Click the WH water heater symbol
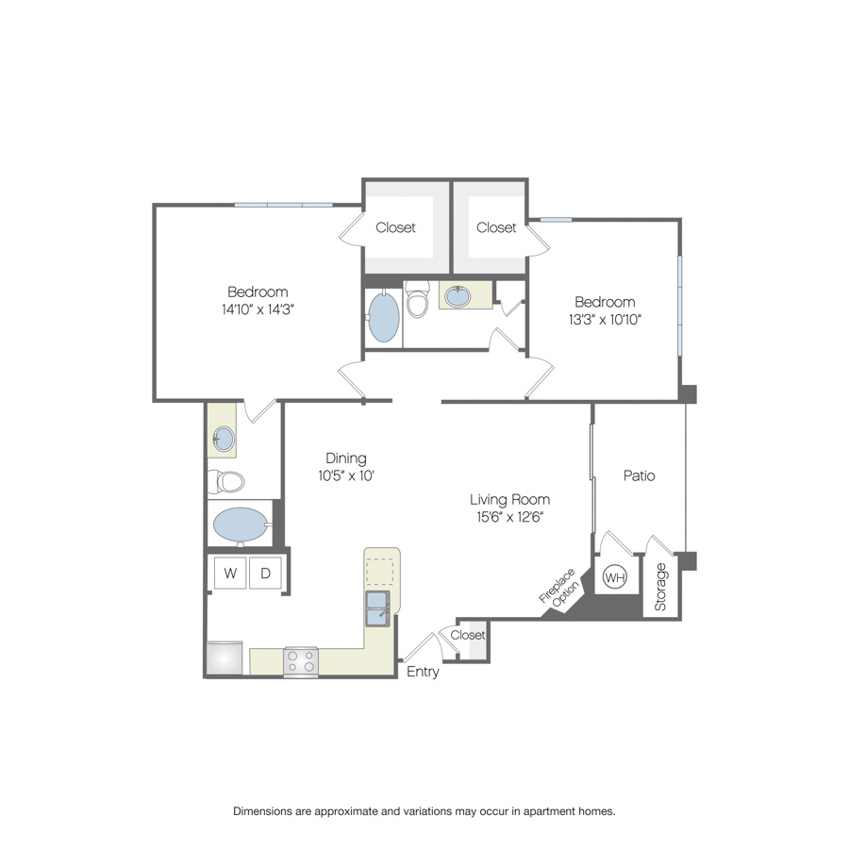pyautogui.click(x=614, y=577)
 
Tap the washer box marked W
pyautogui.click(x=230, y=573)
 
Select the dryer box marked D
pyautogui.click(x=265, y=573)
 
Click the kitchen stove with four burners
pyautogui.click(x=301, y=661)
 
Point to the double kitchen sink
pyautogui.click(x=377, y=608)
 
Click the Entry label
pyautogui.click(x=423, y=672)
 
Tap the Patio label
pyautogui.click(x=640, y=475)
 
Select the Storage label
pyautogui.click(x=660, y=587)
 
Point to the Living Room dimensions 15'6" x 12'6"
pyautogui.click(x=509, y=517)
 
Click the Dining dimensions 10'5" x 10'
pyautogui.click(x=346, y=476)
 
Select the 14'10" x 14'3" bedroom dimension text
pyautogui.click(x=258, y=309)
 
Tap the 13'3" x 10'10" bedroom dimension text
pyautogui.click(x=605, y=320)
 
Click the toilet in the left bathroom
pyautogui.click(x=225, y=481)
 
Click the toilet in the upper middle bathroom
pyautogui.click(x=418, y=299)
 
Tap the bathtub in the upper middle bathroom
pyautogui.click(x=384, y=316)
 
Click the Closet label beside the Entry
pyautogui.click(x=468, y=635)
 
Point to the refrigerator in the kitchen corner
pyautogui.click(x=225, y=658)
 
